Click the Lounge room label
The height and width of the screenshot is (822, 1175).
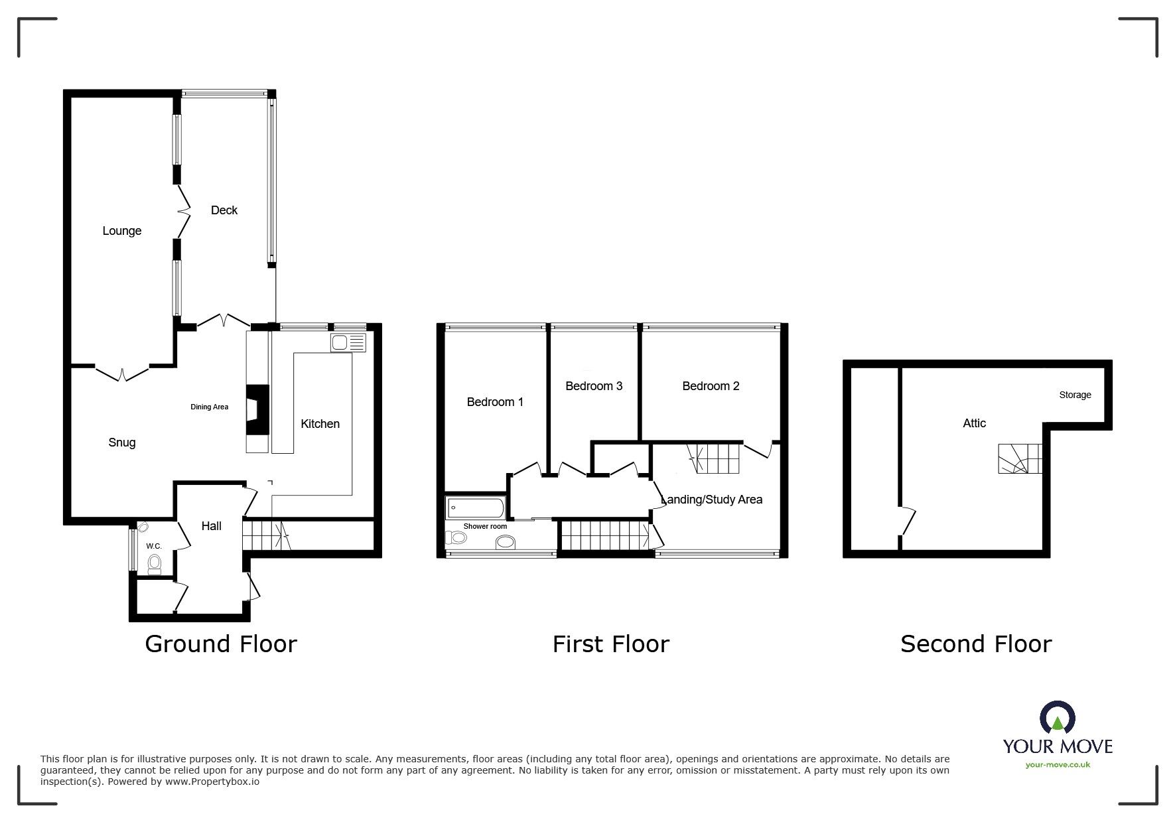point(122,231)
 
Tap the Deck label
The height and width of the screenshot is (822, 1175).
point(224,210)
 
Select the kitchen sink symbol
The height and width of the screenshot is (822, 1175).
point(348,343)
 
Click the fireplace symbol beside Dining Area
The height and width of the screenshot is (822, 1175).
point(257,410)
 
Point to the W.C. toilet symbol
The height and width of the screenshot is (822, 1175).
point(155,565)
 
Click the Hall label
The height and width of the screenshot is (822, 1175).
point(211,526)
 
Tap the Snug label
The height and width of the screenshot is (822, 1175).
point(122,443)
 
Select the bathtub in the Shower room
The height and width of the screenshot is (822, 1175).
point(475,508)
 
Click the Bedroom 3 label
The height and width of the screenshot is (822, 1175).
point(594,386)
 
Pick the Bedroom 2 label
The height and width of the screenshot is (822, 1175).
point(711,386)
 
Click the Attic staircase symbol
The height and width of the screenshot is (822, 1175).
point(1020,458)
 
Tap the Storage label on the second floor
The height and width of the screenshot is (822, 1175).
point(1075,395)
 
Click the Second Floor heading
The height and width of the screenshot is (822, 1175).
point(975,644)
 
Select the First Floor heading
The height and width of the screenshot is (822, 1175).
point(610,644)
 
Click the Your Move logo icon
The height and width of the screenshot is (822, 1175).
point(1057,719)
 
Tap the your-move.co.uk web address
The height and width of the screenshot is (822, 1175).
point(1058,765)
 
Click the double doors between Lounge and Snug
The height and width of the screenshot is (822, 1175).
point(122,373)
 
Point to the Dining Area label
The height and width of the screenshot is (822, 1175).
point(210,407)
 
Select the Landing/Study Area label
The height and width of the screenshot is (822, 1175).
point(711,500)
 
